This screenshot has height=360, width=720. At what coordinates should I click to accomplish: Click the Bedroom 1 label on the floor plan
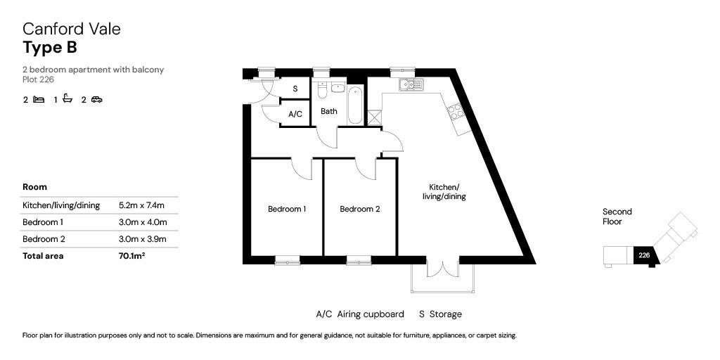[287, 210]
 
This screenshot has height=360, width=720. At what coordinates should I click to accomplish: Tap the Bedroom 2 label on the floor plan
[359, 210]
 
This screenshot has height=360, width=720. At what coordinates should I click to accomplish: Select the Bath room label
[329, 111]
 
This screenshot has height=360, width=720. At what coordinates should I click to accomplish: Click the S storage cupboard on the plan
[295, 89]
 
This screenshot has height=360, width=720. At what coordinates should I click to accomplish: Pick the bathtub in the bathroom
[355, 104]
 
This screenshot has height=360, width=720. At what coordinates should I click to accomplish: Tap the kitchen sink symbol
[411, 84]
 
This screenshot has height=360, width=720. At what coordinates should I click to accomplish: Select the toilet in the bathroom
[322, 91]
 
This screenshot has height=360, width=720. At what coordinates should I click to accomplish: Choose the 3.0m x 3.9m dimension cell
[142, 239]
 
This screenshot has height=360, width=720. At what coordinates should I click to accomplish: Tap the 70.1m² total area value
[131, 256]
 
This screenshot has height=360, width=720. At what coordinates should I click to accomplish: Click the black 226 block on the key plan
[645, 255]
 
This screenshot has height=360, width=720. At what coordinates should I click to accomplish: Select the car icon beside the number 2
[96, 99]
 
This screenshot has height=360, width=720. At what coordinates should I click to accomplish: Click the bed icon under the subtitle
[39, 99]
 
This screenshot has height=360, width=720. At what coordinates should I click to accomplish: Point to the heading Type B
[50, 47]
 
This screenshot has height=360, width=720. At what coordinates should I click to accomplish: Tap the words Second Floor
[617, 217]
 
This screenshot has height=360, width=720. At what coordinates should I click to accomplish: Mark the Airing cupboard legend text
[371, 314]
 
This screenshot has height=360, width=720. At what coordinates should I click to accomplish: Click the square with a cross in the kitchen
[375, 117]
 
